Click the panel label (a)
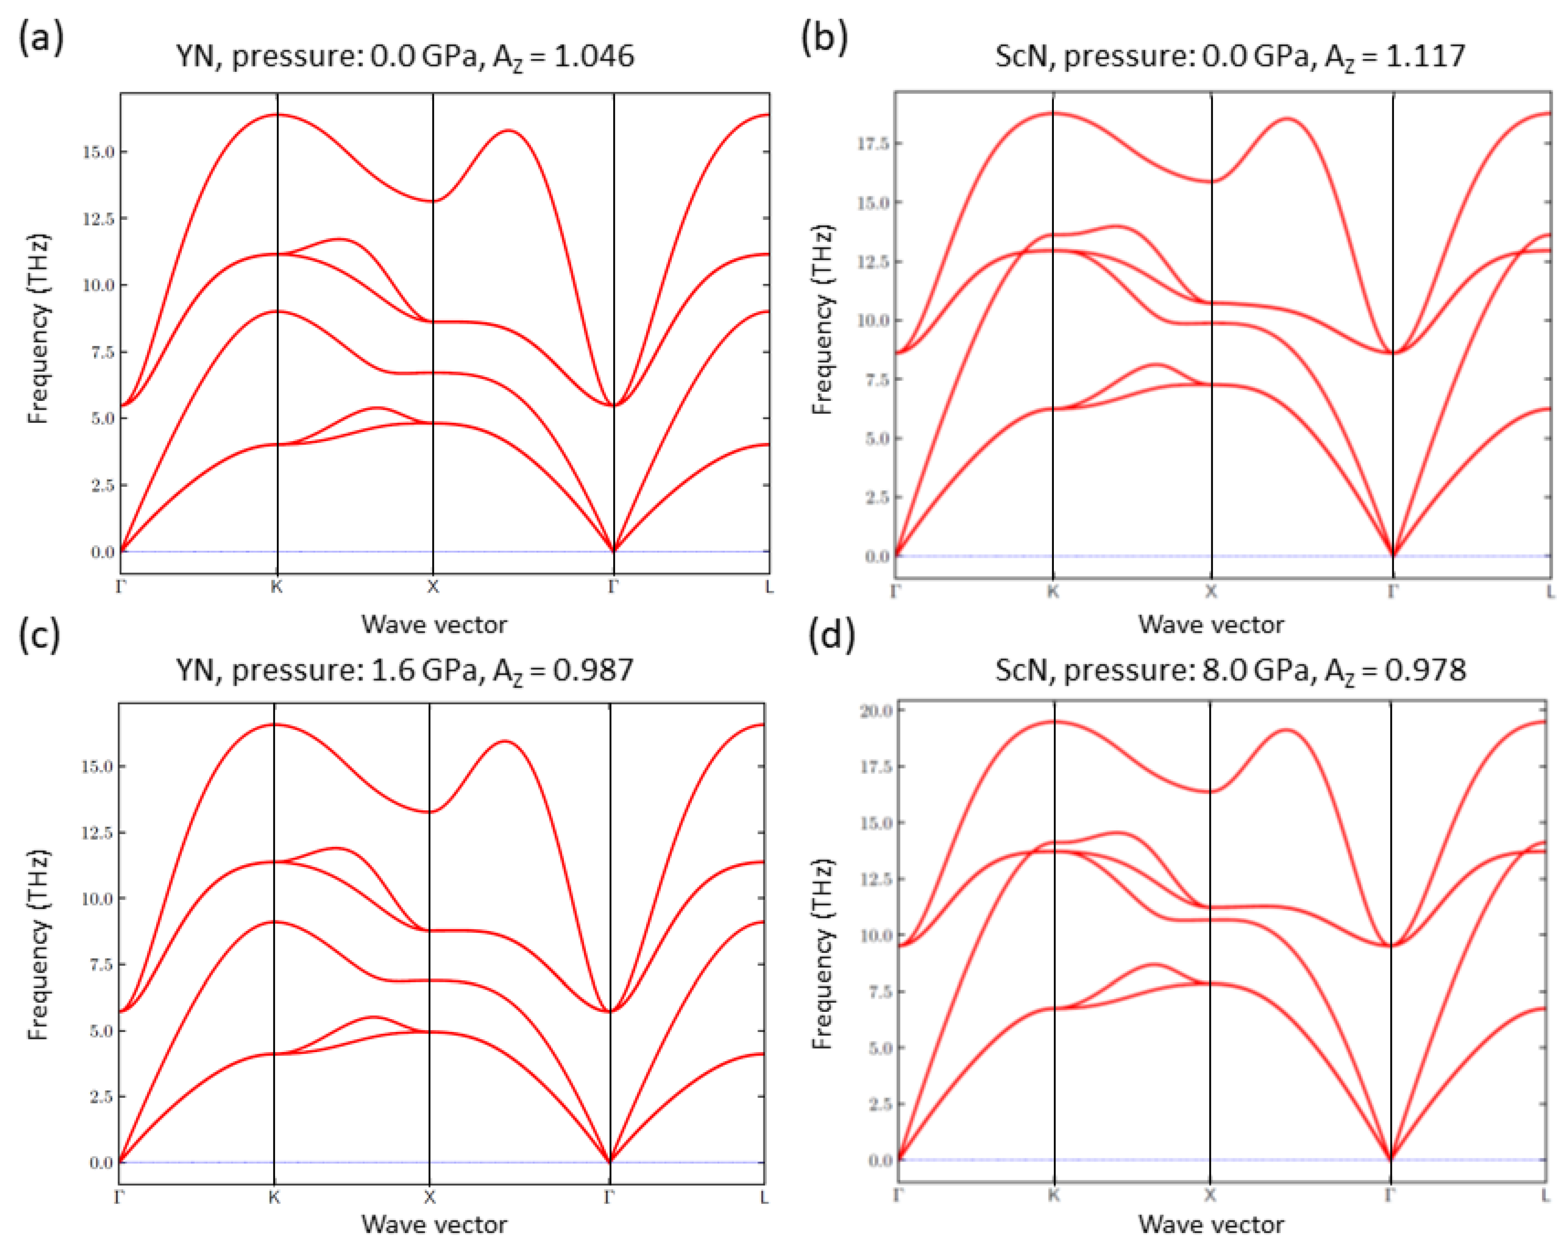click(42, 37)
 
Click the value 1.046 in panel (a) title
click(594, 56)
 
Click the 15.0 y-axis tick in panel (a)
click(98, 152)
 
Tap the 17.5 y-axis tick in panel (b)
click(873, 143)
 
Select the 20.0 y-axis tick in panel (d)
click(876, 710)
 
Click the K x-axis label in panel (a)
click(277, 587)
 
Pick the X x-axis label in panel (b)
click(1211, 592)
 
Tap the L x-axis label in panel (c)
click(764, 1198)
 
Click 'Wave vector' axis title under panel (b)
click(1211, 624)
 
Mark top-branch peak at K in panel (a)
click(278, 115)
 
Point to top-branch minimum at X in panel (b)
click(1211, 181)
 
